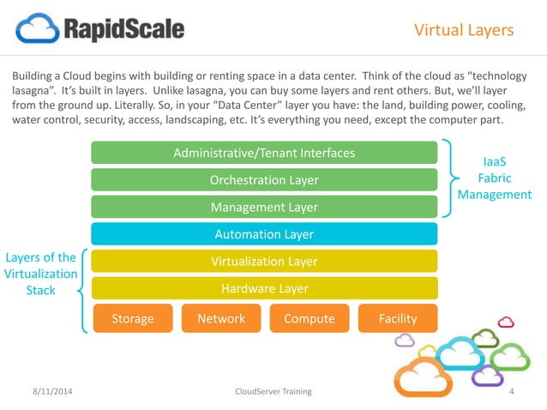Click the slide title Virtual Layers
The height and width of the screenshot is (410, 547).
click(x=463, y=31)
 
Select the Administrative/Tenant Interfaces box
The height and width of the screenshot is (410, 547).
click(x=264, y=154)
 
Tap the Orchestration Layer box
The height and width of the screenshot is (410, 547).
click(x=264, y=180)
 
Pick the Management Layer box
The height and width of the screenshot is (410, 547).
click(x=264, y=207)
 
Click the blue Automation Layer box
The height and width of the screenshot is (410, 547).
click(x=264, y=234)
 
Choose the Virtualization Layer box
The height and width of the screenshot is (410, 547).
click(x=264, y=262)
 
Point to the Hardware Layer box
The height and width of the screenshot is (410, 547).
click(x=264, y=289)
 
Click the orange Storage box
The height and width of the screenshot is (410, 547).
click(x=132, y=318)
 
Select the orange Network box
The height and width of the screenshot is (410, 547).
click(x=220, y=318)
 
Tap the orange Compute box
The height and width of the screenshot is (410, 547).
click(x=309, y=318)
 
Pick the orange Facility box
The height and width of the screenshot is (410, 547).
click(x=397, y=318)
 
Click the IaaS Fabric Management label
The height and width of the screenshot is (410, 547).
click(x=495, y=178)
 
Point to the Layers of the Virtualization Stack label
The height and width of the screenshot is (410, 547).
click(x=41, y=274)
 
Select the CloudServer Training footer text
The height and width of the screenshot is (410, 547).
click(x=273, y=391)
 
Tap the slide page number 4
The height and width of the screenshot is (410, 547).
click(x=511, y=391)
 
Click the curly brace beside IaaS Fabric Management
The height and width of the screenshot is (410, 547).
click(x=453, y=178)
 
